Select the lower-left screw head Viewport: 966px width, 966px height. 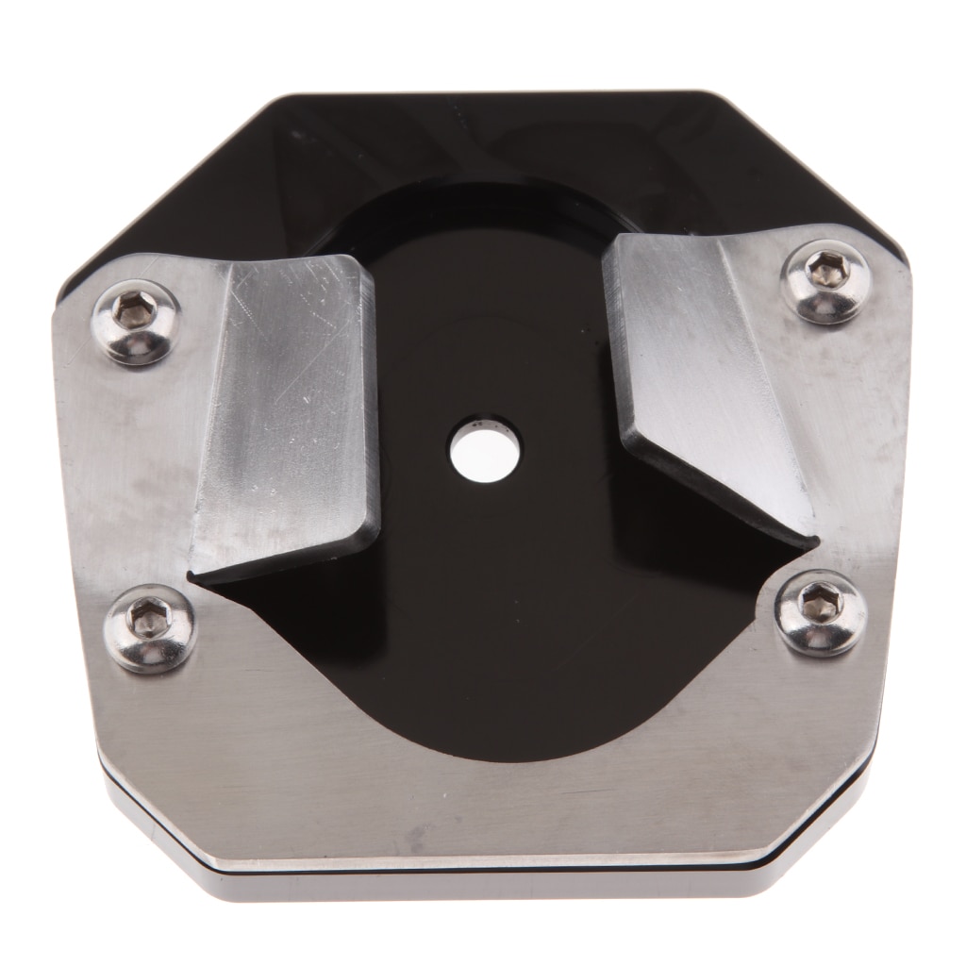[x=149, y=626]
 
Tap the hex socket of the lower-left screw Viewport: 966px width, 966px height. [x=148, y=619]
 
